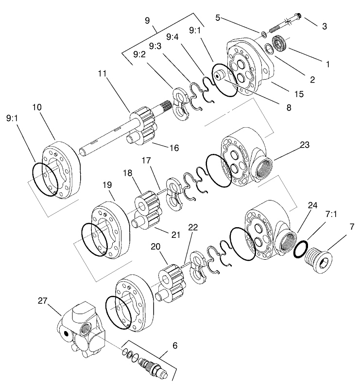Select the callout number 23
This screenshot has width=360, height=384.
pyautogui.click(x=305, y=144)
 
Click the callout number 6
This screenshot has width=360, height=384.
pyautogui.click(x=175, y=346)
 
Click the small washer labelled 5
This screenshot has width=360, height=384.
pyautogui.click(x=263, y=33)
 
